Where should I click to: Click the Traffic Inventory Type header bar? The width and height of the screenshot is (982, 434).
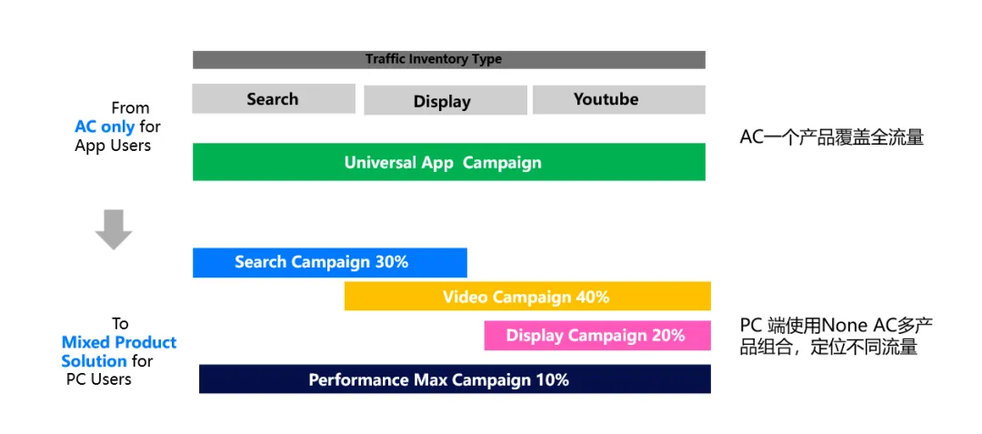pos(448,59)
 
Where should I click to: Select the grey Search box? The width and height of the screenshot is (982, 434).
pos(274,99)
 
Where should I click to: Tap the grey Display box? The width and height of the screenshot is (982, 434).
pos(446,101)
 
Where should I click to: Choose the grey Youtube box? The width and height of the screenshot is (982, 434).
pos(619,99)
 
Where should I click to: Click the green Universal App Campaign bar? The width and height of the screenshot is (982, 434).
pos(448,162)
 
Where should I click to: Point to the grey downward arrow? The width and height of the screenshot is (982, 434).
pos(114,230)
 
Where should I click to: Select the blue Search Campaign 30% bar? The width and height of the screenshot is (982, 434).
pos(330,262)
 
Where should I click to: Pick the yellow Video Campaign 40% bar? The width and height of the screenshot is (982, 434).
pos(527,297)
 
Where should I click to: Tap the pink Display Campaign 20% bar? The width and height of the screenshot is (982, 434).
pos(597,336)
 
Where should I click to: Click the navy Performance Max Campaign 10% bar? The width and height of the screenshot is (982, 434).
pos(455,378)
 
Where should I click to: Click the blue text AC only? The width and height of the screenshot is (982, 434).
pos(105,126)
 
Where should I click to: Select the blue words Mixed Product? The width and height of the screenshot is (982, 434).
pos(119,343)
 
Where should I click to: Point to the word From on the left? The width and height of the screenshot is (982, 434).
pos(130,107)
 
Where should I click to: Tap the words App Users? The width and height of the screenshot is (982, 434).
pos(113,146)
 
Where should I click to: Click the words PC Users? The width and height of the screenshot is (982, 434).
pos(99,379)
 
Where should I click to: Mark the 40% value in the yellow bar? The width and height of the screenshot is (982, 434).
pos(593,297)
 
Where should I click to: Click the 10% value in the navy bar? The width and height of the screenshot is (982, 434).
pos(552,379)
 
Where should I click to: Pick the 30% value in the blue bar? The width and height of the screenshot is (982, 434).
pos(391,262)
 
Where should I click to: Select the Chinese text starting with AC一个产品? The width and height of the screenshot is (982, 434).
pos(832,137)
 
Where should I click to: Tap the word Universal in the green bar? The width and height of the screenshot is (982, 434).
pos(380,163)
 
